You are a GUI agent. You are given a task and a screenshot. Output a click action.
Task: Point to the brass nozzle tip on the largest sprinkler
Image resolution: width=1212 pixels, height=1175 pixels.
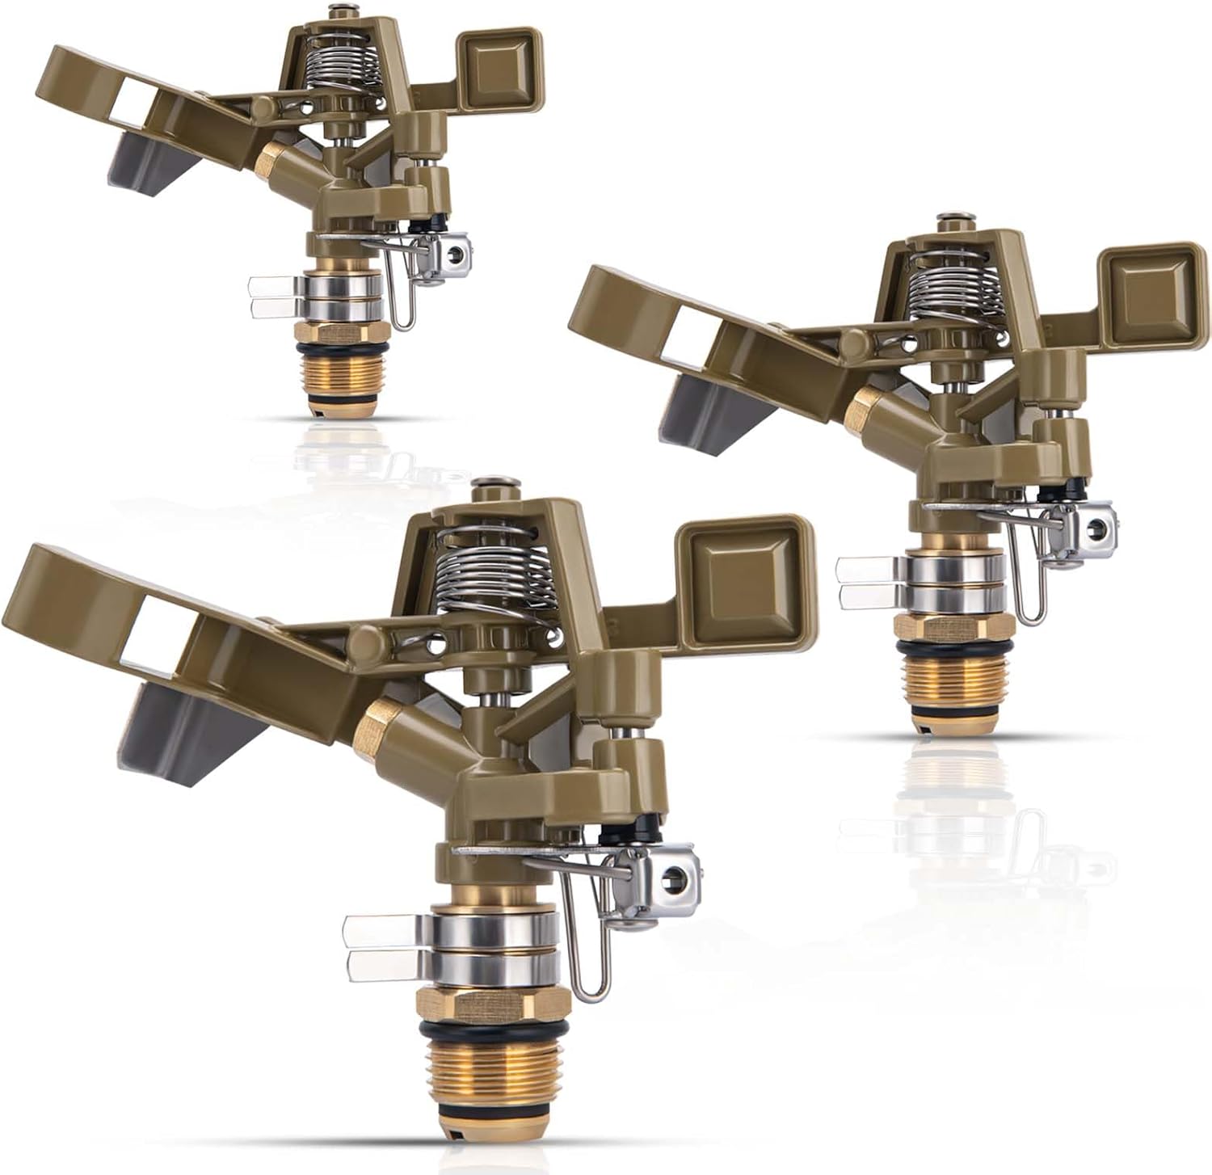tap(378, 719)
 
